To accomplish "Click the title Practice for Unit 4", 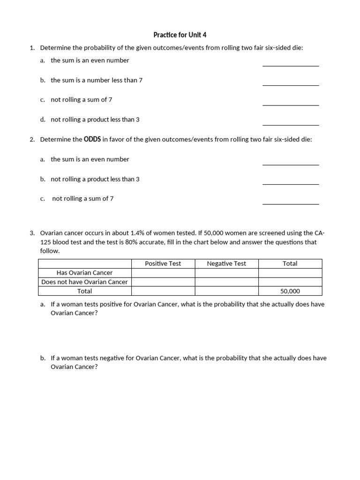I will point(180,35).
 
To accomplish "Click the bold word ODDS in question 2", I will point(92,139).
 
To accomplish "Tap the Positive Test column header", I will point(163,263).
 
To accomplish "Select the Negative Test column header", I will point(226,263).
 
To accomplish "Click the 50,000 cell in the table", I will point(290,291).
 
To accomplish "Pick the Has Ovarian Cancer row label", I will point(84,273).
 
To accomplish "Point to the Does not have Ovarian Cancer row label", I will point(84,282).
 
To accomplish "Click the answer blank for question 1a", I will point(291,65).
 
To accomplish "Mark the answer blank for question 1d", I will point(291,124).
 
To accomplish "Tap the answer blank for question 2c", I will point(291,203).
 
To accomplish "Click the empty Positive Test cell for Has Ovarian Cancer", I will point(163,273).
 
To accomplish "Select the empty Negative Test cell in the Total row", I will point(226,291).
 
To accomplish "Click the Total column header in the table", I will point(290,263).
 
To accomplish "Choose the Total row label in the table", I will point(84,291).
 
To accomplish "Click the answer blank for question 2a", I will point(291,164).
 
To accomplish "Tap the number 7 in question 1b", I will point(141,80).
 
